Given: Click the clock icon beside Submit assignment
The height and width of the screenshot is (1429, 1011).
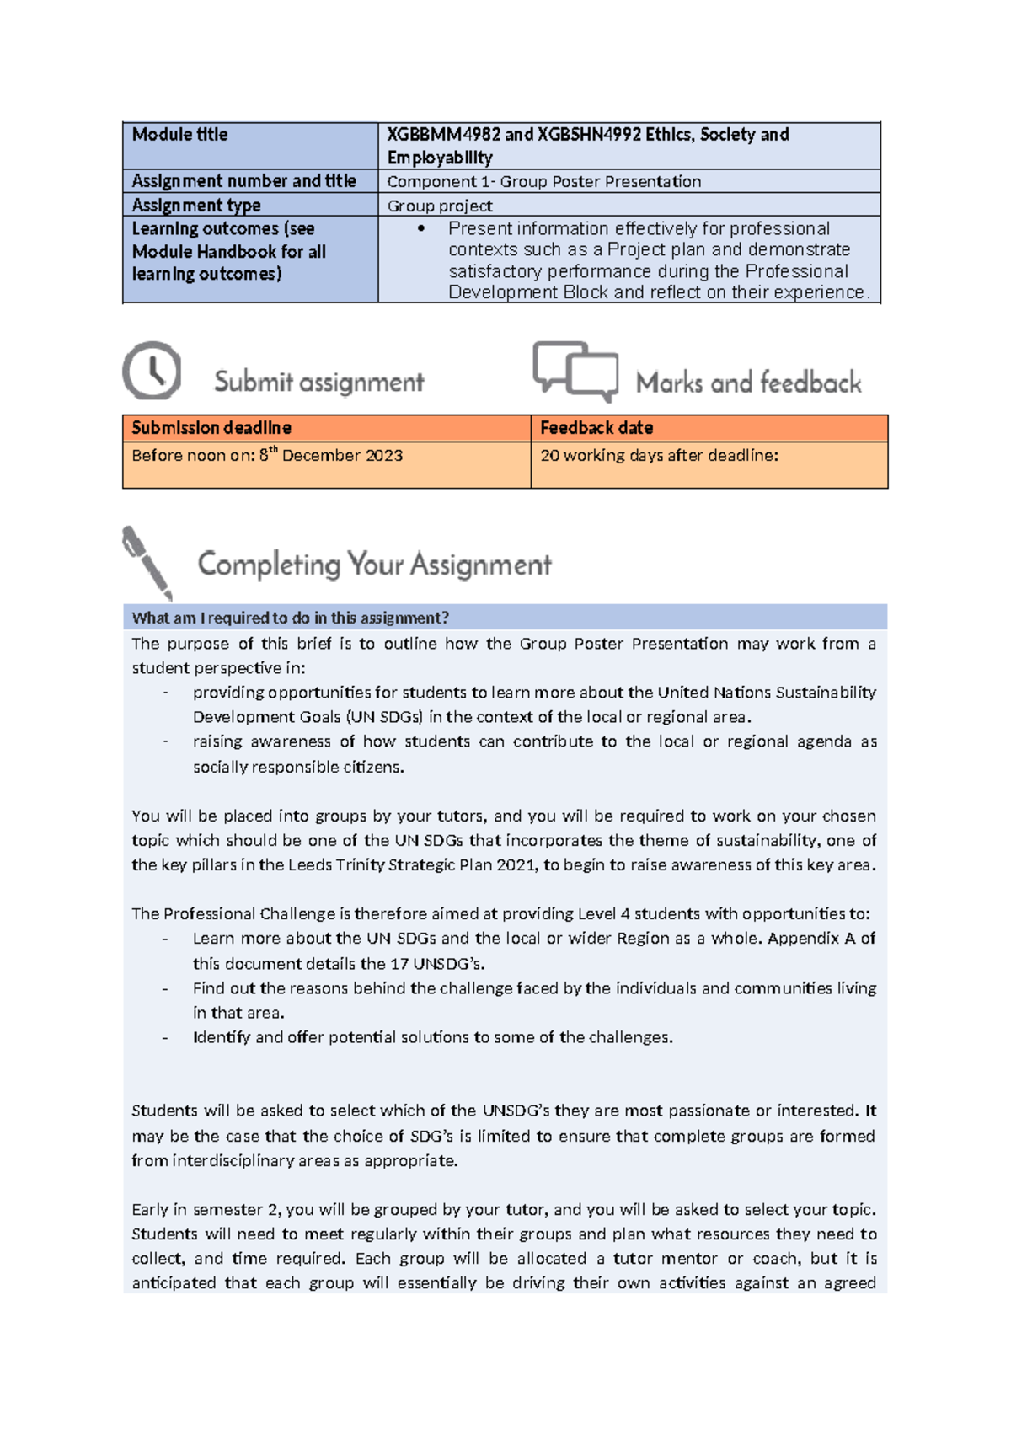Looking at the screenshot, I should click(152, 371).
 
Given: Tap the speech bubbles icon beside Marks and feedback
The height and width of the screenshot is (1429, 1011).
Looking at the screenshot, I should click(576, 371).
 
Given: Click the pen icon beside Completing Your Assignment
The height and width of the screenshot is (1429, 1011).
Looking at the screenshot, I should click(147, 563).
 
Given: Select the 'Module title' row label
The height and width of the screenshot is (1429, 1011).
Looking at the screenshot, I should click(179, 135).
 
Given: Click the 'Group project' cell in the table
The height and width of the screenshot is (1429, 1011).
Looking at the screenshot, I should click(440, 206).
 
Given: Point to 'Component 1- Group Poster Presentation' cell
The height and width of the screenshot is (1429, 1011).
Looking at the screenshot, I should click(543, 181).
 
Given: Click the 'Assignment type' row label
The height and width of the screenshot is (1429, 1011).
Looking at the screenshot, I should click(196, 206).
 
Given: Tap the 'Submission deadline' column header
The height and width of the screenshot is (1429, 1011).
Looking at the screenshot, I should click(211, 428).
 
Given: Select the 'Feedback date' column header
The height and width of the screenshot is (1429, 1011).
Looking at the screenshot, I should click(596, 428).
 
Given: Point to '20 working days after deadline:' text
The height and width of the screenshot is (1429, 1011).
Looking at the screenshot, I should click(659, 456).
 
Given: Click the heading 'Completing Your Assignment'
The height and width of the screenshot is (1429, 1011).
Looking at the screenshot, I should click(374, 565).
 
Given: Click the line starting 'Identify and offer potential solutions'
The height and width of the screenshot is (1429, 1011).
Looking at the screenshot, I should click(432, 1037).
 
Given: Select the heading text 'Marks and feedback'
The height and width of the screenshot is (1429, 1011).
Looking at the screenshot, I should click(748, 383).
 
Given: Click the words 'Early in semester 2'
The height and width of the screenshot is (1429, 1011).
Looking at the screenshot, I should click(205, 1210).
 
